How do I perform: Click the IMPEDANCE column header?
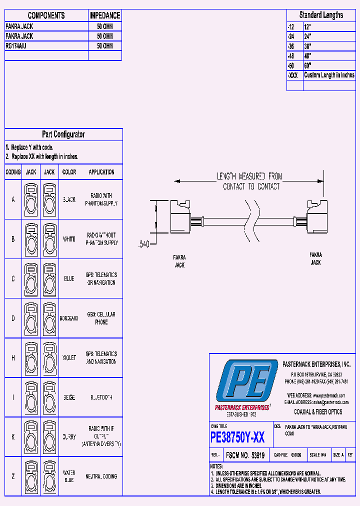[105, 15]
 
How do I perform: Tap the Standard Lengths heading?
[321, 15]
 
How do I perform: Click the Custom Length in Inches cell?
[329, 75]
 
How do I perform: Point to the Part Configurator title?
[63, 134]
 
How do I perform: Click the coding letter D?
[13, 318]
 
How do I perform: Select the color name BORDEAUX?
[69, 318]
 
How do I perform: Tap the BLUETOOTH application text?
[101, 397]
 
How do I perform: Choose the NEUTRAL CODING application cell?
[101, 476]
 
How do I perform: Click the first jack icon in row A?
[31, 199]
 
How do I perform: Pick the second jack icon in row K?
[49, 437]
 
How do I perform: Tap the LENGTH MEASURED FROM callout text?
[249, 176]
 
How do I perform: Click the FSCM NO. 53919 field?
[245, 455]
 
